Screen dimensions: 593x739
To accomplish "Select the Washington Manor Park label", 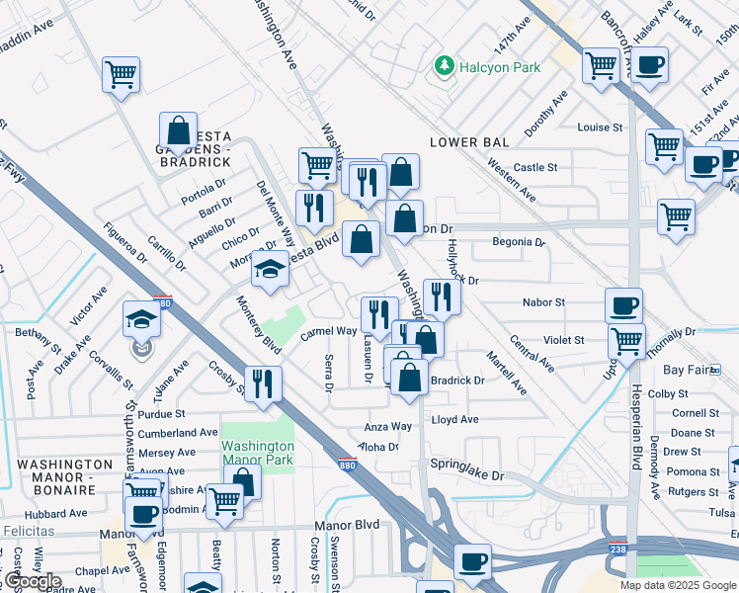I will point(258,453).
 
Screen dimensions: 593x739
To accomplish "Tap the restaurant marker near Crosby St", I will point(263,383).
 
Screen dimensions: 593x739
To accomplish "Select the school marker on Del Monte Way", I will point(270,269).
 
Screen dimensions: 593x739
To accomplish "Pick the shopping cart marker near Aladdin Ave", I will point(121,73).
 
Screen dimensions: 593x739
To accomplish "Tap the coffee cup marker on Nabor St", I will point(623,304).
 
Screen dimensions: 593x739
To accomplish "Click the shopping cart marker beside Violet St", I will point(626,341).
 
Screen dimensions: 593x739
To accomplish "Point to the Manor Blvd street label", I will point(347,527).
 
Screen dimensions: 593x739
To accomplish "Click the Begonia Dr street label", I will point(519,241).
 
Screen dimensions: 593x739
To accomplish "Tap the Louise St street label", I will point(600,127).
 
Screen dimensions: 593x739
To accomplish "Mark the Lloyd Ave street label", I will point(454,419).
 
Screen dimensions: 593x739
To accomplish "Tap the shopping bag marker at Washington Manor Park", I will point(243,482).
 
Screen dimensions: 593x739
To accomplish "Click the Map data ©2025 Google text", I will point(678,585).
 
